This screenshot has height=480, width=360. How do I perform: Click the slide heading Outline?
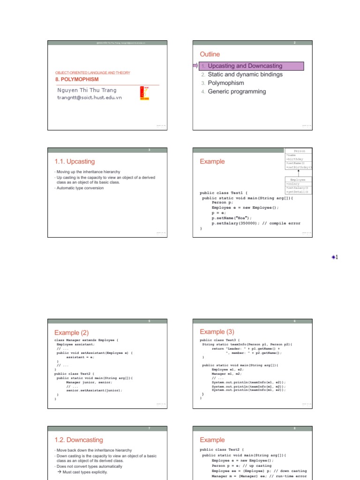pyautogui.click(x=210, y=54)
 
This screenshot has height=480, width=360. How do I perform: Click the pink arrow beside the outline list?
pyautogui.click(x=195, y=66)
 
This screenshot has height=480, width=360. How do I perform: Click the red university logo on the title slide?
pyautogui.click(x=144, y=93)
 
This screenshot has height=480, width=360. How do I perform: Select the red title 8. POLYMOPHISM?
pyautogui.click(x=77, y=79)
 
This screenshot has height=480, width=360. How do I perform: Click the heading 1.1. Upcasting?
pyautogui.click(x=75, y=161)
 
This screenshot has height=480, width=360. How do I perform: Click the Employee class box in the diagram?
pyautogui.click(x=298, y=185)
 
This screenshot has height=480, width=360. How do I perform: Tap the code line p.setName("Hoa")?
pyautogui.click(x=232, y=218)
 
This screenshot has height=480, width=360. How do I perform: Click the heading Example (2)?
pyautogui.click(x=71, y=332)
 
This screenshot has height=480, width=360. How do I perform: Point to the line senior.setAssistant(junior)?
pyautogui.click(x=94, y=390)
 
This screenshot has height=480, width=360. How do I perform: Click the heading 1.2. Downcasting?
pyautogui.click(x=79, y=440)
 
